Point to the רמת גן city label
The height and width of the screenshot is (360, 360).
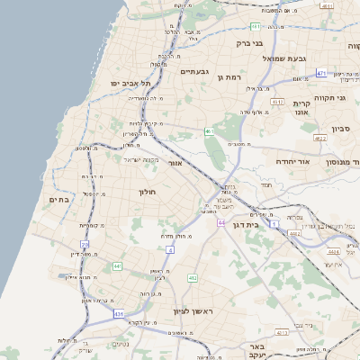click(232, 76)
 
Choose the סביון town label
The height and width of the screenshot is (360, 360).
click(341, 129)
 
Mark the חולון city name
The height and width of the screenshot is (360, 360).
click(148, 192)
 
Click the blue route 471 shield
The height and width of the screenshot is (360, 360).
click(322, 72)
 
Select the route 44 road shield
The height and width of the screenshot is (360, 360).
click(220, 220)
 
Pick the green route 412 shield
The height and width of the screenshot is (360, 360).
click(193, 278)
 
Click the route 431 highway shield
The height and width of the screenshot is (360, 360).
click(118, 314)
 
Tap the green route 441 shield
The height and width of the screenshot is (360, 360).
click(117, 266)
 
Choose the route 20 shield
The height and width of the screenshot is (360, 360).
click(85, 244)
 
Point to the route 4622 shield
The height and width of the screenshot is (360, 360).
click(319, 138)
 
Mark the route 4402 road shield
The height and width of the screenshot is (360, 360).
click(294, 233)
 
